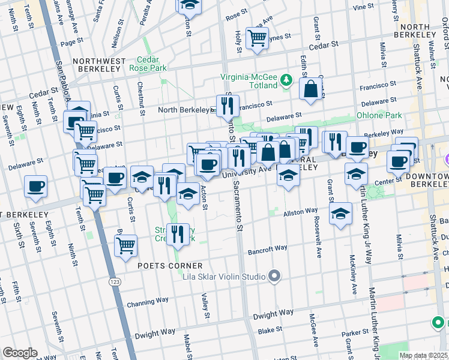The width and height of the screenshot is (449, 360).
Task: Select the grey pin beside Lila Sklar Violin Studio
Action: (274, 277)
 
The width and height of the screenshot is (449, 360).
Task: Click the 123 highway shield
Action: (113, 280)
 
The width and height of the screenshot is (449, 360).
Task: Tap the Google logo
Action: (20, 353)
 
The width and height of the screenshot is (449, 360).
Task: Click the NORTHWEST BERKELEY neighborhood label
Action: (99, 65)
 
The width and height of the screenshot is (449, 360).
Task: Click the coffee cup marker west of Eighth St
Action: (36, 186)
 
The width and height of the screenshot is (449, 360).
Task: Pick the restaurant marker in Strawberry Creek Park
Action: (176, 233)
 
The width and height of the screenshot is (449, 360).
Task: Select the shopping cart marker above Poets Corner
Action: (125, 245)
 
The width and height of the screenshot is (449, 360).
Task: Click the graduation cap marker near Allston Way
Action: (340, 214)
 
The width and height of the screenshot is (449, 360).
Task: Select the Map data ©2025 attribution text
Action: (423, 355)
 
